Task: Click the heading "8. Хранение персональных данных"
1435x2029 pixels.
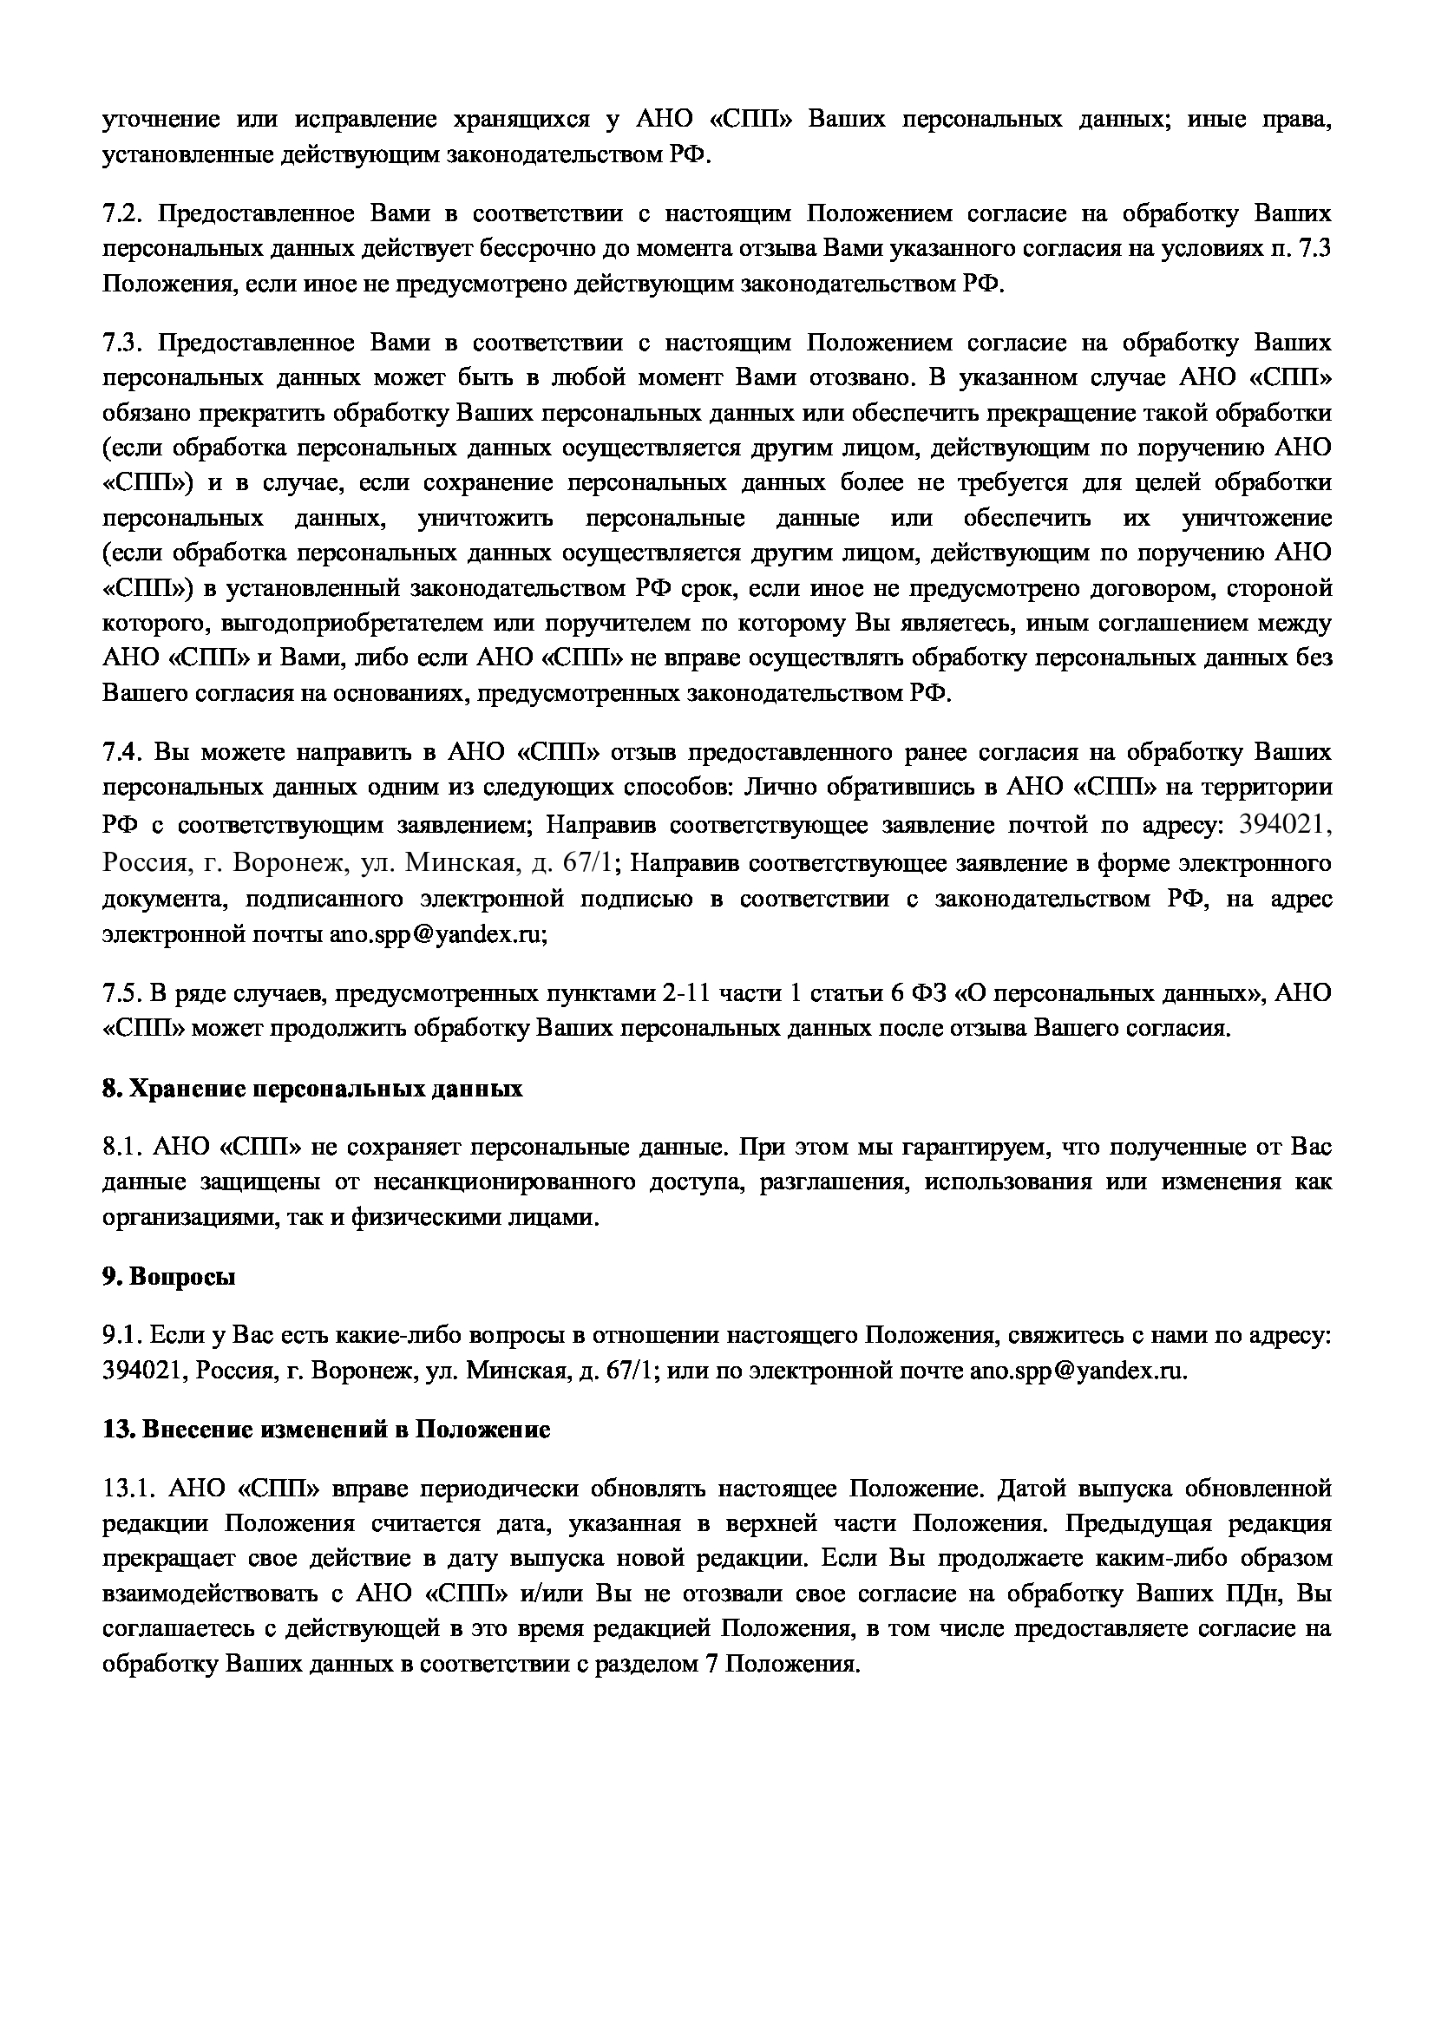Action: (x=312, y=1089)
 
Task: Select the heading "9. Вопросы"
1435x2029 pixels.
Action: (x=169, y=1277)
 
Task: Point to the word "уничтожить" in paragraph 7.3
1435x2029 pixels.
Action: (x=485, y=518)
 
